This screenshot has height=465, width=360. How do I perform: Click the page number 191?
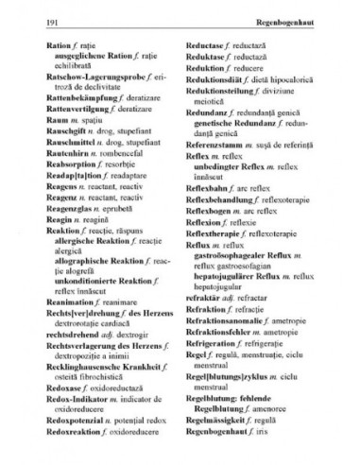[39, 21]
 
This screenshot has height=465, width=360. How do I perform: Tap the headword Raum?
[42, 123]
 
